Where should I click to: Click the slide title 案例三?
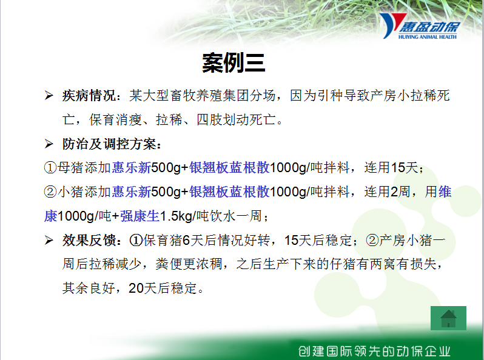(x=234, y=63)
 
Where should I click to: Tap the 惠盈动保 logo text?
(x=429, y=27)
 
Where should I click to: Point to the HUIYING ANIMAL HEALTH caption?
(x=428, y=37)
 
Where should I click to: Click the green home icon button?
(x=448, y=318)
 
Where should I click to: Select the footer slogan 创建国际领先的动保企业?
(x=374, y=351)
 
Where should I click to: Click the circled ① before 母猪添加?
(x=50, y=168)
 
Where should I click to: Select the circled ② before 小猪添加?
(x=50, y=192)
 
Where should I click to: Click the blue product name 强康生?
(x=139, y=216)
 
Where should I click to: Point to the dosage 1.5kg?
(x=176, y=216)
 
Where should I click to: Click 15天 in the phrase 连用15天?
(x=405, y=167)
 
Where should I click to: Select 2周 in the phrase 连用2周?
(x=400, y=192)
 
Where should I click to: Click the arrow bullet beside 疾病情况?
(x=49, y=95)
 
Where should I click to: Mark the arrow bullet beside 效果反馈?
(x=49, y=240)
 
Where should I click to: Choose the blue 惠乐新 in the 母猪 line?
(x=131, y=168)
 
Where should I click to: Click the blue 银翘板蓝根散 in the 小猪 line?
(x=229, y=192)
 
